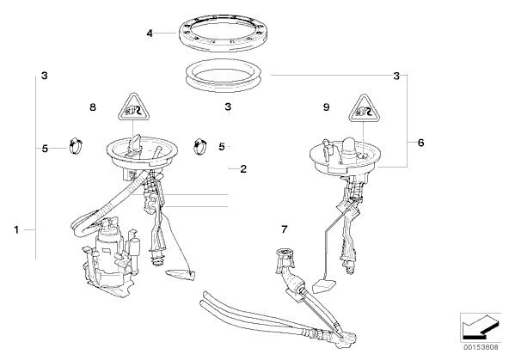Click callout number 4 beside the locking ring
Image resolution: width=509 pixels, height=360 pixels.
[x=150, y=34]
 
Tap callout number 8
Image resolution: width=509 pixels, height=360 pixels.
[x=93, y=107]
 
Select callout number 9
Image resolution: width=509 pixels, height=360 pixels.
[x=327, y=107]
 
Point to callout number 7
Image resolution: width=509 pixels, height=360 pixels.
[x=285, y=229]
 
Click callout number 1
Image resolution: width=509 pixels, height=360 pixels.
[x=16, y=230]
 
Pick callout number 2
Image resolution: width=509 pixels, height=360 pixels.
[x=243, y=169]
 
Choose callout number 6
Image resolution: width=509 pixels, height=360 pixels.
[x=420, y=143]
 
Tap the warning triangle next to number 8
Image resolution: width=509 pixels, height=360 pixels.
[x=133, y=107]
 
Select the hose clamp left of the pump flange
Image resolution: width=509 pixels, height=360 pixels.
[x=76, y=146]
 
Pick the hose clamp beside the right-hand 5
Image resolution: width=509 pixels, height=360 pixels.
[x=200, y=147]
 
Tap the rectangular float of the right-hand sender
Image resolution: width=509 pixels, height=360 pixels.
[x=325, y=286]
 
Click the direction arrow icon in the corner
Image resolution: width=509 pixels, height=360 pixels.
[x=481, y=327]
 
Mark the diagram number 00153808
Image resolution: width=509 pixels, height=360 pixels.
[x=481, y=347]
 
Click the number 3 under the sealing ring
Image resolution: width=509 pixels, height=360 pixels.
[x=228, y=107]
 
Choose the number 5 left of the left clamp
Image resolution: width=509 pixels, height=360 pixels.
[x=45, y=149]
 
